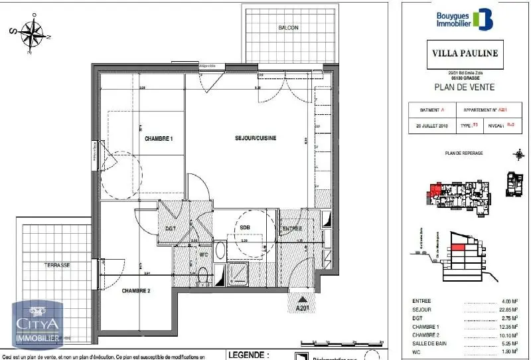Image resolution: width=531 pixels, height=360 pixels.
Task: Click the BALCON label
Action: click(288, 28)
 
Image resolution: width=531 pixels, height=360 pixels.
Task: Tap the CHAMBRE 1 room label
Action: click(159, 138)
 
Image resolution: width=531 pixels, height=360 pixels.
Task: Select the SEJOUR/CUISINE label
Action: click(256, 138)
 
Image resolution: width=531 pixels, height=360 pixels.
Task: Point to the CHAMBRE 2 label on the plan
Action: click(136, 291)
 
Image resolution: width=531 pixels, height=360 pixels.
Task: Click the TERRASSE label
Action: click(57, 264)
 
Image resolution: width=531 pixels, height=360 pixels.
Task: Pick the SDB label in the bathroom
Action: click(244, 228)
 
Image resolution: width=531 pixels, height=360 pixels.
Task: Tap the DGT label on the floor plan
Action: click(170, 228)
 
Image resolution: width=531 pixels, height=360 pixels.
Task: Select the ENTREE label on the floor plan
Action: click(292, 228)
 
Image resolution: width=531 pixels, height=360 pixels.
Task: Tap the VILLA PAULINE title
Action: click(465, 51)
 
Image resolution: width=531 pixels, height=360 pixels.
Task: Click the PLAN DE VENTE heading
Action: click(464, 86)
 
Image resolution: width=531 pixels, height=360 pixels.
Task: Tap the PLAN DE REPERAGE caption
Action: click(464, 153)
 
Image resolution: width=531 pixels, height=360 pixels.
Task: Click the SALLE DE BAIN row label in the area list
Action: click(429, 343)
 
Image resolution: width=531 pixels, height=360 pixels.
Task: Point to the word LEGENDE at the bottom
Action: click(248, 355)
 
